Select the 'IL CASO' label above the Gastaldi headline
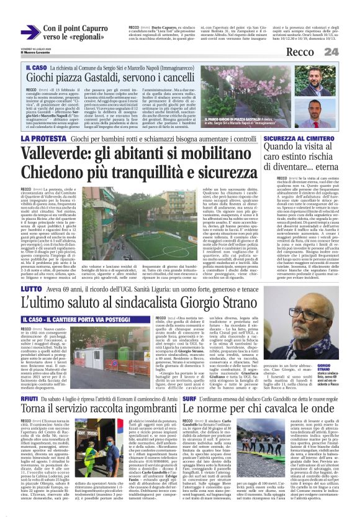[37, 66]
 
